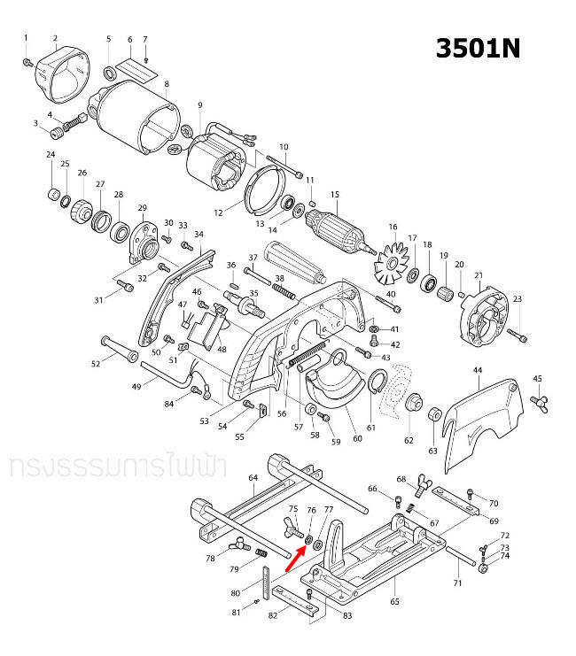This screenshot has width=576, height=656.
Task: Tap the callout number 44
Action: (478, 369)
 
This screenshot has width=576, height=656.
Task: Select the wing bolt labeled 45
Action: (538, 403)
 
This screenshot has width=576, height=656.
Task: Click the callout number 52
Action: (97, 364)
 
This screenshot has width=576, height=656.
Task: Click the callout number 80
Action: (235, 593)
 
